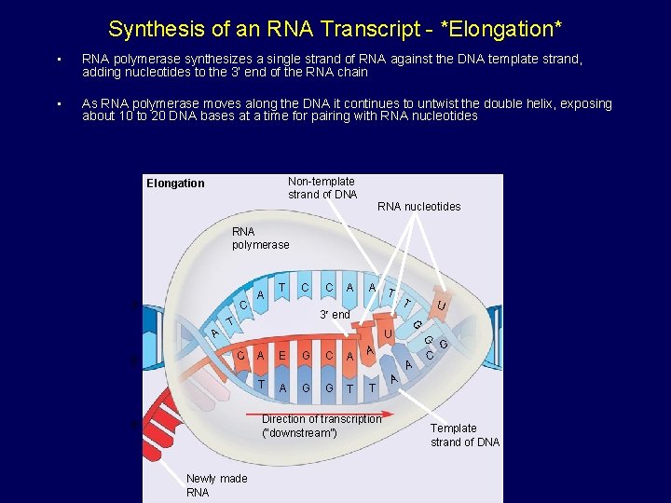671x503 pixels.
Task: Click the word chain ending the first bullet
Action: click(x=350, y=73)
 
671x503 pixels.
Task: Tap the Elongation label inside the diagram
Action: click(x=175, y=184)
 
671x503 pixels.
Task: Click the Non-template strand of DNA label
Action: click(x=322, y=188)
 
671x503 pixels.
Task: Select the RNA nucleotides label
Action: click(x=418, y=207)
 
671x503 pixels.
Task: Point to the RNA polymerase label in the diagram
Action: click(x=260, y=238)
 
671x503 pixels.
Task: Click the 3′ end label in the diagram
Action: click(x=335, y=315)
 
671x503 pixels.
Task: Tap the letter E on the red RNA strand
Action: click(x=281, y=355)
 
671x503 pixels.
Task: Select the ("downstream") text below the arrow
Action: click(x=298, y=433)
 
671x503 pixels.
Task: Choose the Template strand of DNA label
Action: click(x=464, y=435)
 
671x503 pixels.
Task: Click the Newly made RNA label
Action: click(x=216, y=485)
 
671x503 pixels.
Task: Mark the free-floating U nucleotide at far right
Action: click(x=443, y=305)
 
